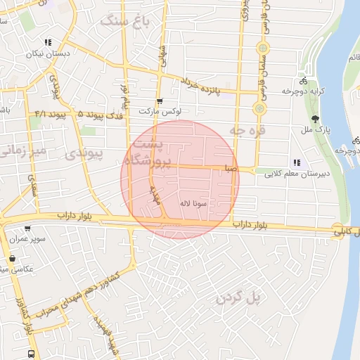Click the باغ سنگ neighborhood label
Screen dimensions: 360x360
pyautogui.click(x=126, y=20)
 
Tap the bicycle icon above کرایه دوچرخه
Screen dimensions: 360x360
pyautogui.click(x=303, y=79)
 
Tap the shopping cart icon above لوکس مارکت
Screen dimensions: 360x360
pyautogui.click(x=160, y=101)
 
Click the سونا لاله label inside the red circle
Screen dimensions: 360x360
pyautogui.click(x=193, y=204)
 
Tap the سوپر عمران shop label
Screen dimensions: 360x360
pyautogui.click(x=27, y=239)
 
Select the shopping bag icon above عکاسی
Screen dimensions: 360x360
pyautogui.click(x=13, y=258)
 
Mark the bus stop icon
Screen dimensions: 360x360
pyautogui.click(x=31, y=354)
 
